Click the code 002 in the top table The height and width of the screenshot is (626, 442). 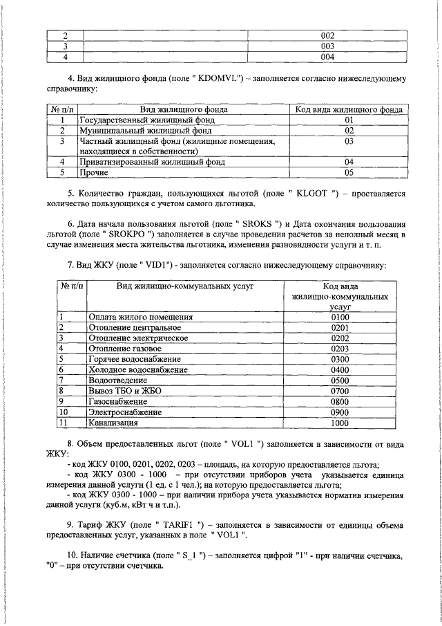tap(327, 35)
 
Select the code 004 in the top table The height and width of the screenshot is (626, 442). tap(327, 57)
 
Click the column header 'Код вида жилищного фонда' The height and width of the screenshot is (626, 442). tap(349, 110)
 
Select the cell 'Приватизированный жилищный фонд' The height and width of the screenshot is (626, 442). tap(152, 162)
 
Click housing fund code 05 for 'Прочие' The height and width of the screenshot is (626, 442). tap(349, 172)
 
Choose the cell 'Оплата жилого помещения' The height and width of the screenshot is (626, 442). tap(140, 317)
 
